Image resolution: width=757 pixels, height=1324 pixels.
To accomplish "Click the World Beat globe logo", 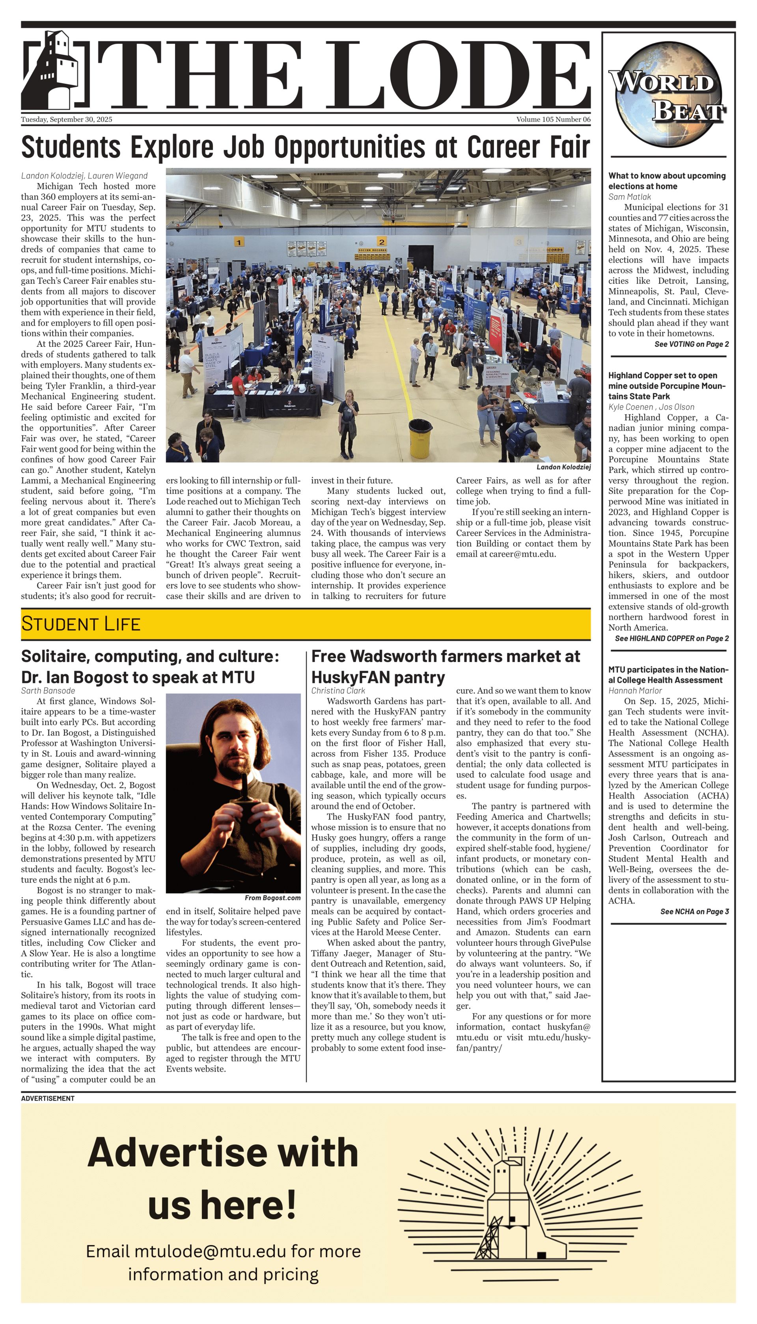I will coord(668,95).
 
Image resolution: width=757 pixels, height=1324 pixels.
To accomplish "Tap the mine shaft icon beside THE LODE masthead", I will coord(54,69).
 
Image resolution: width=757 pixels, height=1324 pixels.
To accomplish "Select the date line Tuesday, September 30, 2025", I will coord(67,119).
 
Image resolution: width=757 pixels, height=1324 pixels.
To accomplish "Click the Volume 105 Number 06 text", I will coord(553,119).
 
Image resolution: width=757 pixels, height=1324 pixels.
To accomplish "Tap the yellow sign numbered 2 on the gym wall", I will coord(382,242).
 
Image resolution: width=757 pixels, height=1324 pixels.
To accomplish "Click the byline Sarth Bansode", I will coord(48,691).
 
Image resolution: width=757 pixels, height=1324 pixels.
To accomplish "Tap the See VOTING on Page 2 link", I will coord(691,344).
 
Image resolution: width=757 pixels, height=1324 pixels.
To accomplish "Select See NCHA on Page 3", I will coord(694,911).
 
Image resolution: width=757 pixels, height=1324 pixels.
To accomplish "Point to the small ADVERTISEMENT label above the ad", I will coord(48,1099).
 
